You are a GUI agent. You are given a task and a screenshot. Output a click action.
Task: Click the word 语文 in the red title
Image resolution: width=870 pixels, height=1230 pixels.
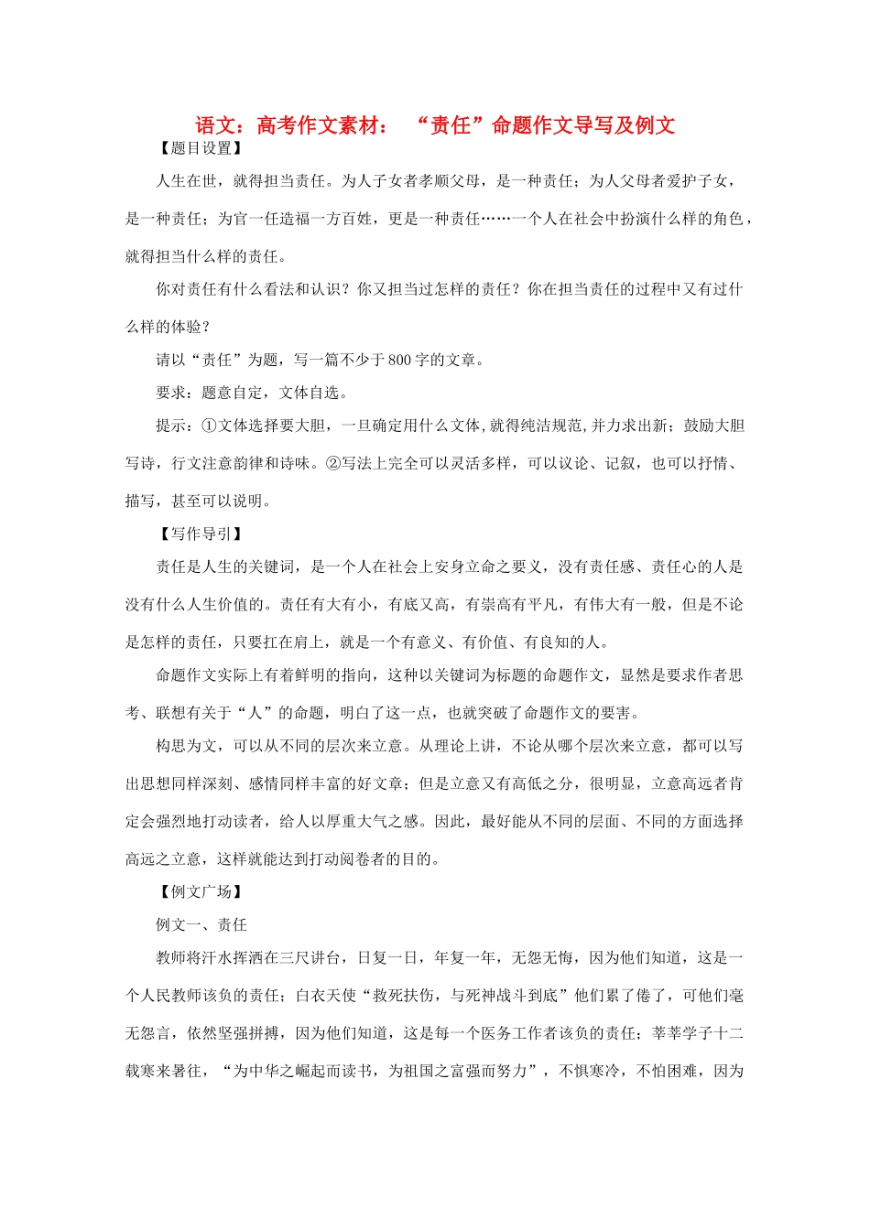216,125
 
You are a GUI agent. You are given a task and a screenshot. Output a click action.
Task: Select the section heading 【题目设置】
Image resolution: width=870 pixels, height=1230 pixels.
201,148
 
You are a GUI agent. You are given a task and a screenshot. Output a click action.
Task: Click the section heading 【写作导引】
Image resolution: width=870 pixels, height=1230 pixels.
201,534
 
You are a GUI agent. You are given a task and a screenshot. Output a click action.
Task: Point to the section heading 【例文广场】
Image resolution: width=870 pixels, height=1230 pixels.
201,891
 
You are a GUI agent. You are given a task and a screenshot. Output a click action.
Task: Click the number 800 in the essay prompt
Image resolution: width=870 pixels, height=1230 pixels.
400,360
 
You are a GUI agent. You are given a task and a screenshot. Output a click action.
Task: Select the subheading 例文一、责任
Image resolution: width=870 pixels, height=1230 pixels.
201,924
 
